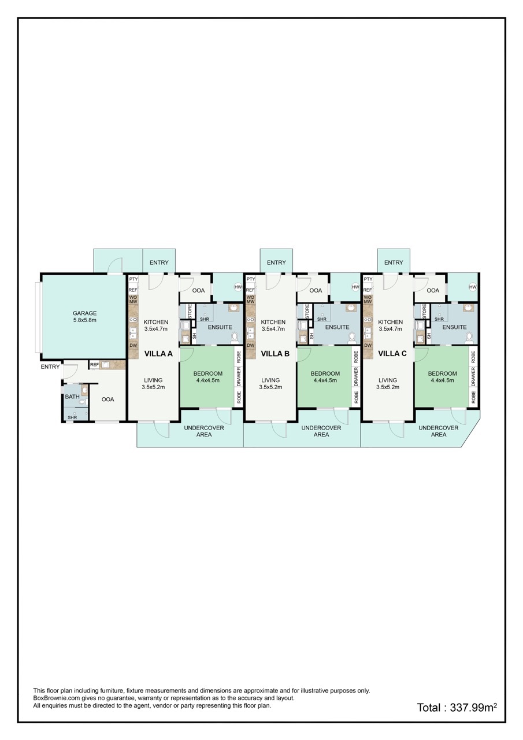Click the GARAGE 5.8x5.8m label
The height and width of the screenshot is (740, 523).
[x=85, y=316]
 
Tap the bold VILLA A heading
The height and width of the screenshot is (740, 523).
[x=158, y=354]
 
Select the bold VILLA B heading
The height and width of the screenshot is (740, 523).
[x=275, y=354]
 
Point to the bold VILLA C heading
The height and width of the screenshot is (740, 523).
[x=392, y=354]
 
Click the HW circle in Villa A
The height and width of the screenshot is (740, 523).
[x=238, y=287]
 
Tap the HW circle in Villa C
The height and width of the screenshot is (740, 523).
[x=473, y=287]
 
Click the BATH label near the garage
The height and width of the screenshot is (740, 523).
[x=72, y=397]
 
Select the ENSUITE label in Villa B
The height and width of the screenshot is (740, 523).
[x=337, y=327]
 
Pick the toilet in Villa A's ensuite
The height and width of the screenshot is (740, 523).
[x=235, y=337]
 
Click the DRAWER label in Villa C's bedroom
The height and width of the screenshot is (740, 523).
[x=473, y=377]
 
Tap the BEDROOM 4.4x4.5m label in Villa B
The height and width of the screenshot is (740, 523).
[x=325, y=377]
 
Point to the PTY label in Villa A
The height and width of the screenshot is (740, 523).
[x=133, y=279]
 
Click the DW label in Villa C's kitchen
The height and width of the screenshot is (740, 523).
[x=368, y=346]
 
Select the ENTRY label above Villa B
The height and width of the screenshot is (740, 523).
[x=276, y=262]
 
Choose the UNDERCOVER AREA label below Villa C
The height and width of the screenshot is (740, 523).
[x=439, y=431]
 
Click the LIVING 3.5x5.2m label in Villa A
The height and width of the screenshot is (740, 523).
[x=153, y=383]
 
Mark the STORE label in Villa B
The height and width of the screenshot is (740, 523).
[x=307, y=312]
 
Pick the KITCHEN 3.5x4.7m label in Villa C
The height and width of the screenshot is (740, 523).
[x=390, y=325]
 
